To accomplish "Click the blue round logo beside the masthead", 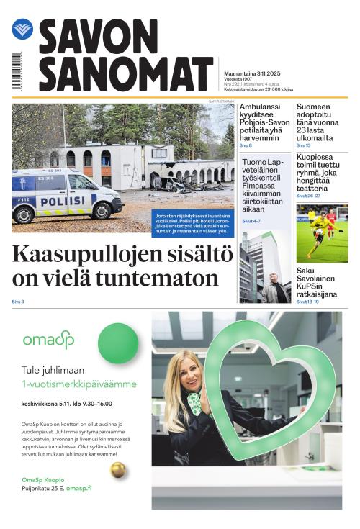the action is (22, 30).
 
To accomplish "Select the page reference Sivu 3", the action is (18, 302).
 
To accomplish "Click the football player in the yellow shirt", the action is (317, 230).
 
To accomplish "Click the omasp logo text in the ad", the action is (48, 340).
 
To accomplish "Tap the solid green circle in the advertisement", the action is (117, 343).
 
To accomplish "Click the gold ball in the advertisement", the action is (118, 470).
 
